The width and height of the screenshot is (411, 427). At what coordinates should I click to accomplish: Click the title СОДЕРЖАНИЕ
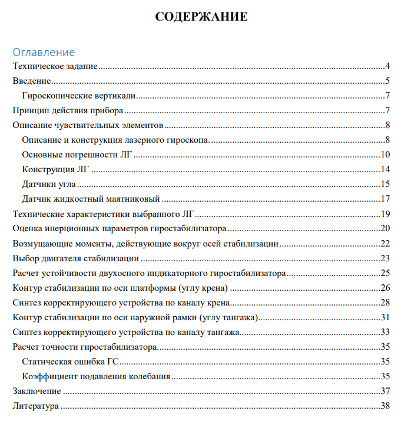pos(201,17)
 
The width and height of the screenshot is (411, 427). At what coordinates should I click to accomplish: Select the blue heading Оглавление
pos(44,52)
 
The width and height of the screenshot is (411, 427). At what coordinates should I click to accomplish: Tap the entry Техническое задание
pos(55,66)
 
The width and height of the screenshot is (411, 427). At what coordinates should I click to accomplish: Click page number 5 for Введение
pos(388,81)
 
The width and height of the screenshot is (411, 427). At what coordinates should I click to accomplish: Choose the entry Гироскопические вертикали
pos(79,96)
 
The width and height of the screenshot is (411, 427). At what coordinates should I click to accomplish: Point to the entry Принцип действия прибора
pos(68,110)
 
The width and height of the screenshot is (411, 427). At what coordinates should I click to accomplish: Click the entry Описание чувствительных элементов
pos(88,125)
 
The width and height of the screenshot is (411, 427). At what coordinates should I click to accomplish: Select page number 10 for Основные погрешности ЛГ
pos(386,155)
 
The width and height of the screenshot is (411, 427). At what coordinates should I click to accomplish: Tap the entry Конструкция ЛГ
pos(55,169)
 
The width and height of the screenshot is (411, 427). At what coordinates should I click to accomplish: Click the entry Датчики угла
pos(48,184)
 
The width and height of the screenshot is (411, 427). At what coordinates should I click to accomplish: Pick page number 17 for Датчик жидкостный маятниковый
pos(386,199)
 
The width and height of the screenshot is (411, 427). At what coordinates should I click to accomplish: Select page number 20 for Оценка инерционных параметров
pos(386,228)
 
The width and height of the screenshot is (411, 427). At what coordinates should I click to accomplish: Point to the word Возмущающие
pos(40,243)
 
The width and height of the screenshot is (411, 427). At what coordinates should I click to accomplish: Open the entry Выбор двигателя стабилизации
pos(76,258)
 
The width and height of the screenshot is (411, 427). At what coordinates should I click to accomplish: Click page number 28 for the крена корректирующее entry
pos(386,303)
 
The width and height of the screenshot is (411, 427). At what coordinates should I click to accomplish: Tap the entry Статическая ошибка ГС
pos(70,362)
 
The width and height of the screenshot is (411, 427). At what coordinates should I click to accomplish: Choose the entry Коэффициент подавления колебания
pos(96,376)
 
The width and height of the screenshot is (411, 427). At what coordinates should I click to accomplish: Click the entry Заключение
pos(37,391)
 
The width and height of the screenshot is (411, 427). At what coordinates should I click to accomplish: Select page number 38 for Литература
pos(386,406)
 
